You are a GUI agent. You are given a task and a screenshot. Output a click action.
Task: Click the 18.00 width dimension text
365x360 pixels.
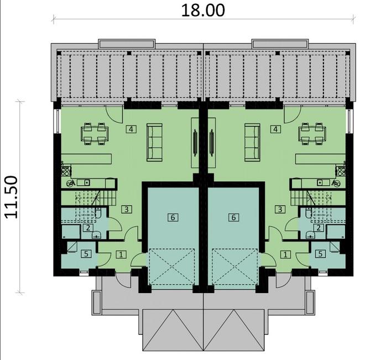(203, 10)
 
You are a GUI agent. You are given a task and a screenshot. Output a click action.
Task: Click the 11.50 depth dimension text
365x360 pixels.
(15, 197)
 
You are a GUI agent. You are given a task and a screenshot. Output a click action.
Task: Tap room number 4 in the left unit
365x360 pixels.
(131, 129)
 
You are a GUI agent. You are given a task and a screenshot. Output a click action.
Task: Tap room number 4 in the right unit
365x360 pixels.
(275, 129)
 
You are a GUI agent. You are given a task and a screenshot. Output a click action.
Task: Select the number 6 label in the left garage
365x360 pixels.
(173, 217)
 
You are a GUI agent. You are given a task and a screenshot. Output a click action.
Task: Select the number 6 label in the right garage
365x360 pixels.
(233, 217)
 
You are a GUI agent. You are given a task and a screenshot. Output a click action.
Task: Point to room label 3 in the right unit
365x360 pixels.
(280, 209)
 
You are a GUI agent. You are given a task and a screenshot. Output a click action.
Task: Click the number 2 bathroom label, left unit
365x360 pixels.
(87, 227)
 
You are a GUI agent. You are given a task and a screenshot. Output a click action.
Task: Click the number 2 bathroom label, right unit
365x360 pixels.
(319, 227)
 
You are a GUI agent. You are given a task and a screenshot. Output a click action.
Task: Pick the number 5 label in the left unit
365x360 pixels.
(86, 254)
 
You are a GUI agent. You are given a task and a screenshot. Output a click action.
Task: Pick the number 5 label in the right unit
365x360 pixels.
(320, 254)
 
